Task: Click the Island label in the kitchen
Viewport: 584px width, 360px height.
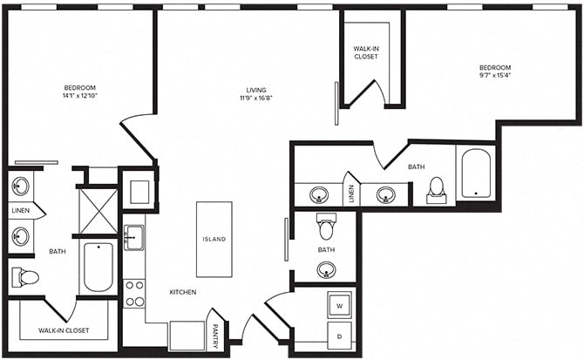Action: [214, 239]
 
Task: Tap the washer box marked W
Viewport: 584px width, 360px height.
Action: [338, 306]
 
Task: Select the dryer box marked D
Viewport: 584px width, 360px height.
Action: [338, 336]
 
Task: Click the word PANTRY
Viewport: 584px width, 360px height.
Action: [215, 335]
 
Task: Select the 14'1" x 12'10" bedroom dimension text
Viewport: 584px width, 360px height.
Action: [79, 98]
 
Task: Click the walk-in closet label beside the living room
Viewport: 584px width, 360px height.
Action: [365, 52]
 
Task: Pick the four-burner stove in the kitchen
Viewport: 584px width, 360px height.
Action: [134, 293]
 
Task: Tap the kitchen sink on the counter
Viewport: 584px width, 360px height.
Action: [133, 237]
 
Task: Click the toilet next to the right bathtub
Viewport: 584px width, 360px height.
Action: [437, 190]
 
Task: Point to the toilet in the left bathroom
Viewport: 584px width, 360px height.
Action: [26, 277]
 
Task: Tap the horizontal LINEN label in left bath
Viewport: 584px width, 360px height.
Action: [20, 211]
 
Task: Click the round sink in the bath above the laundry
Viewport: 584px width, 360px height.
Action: [325, 269]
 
